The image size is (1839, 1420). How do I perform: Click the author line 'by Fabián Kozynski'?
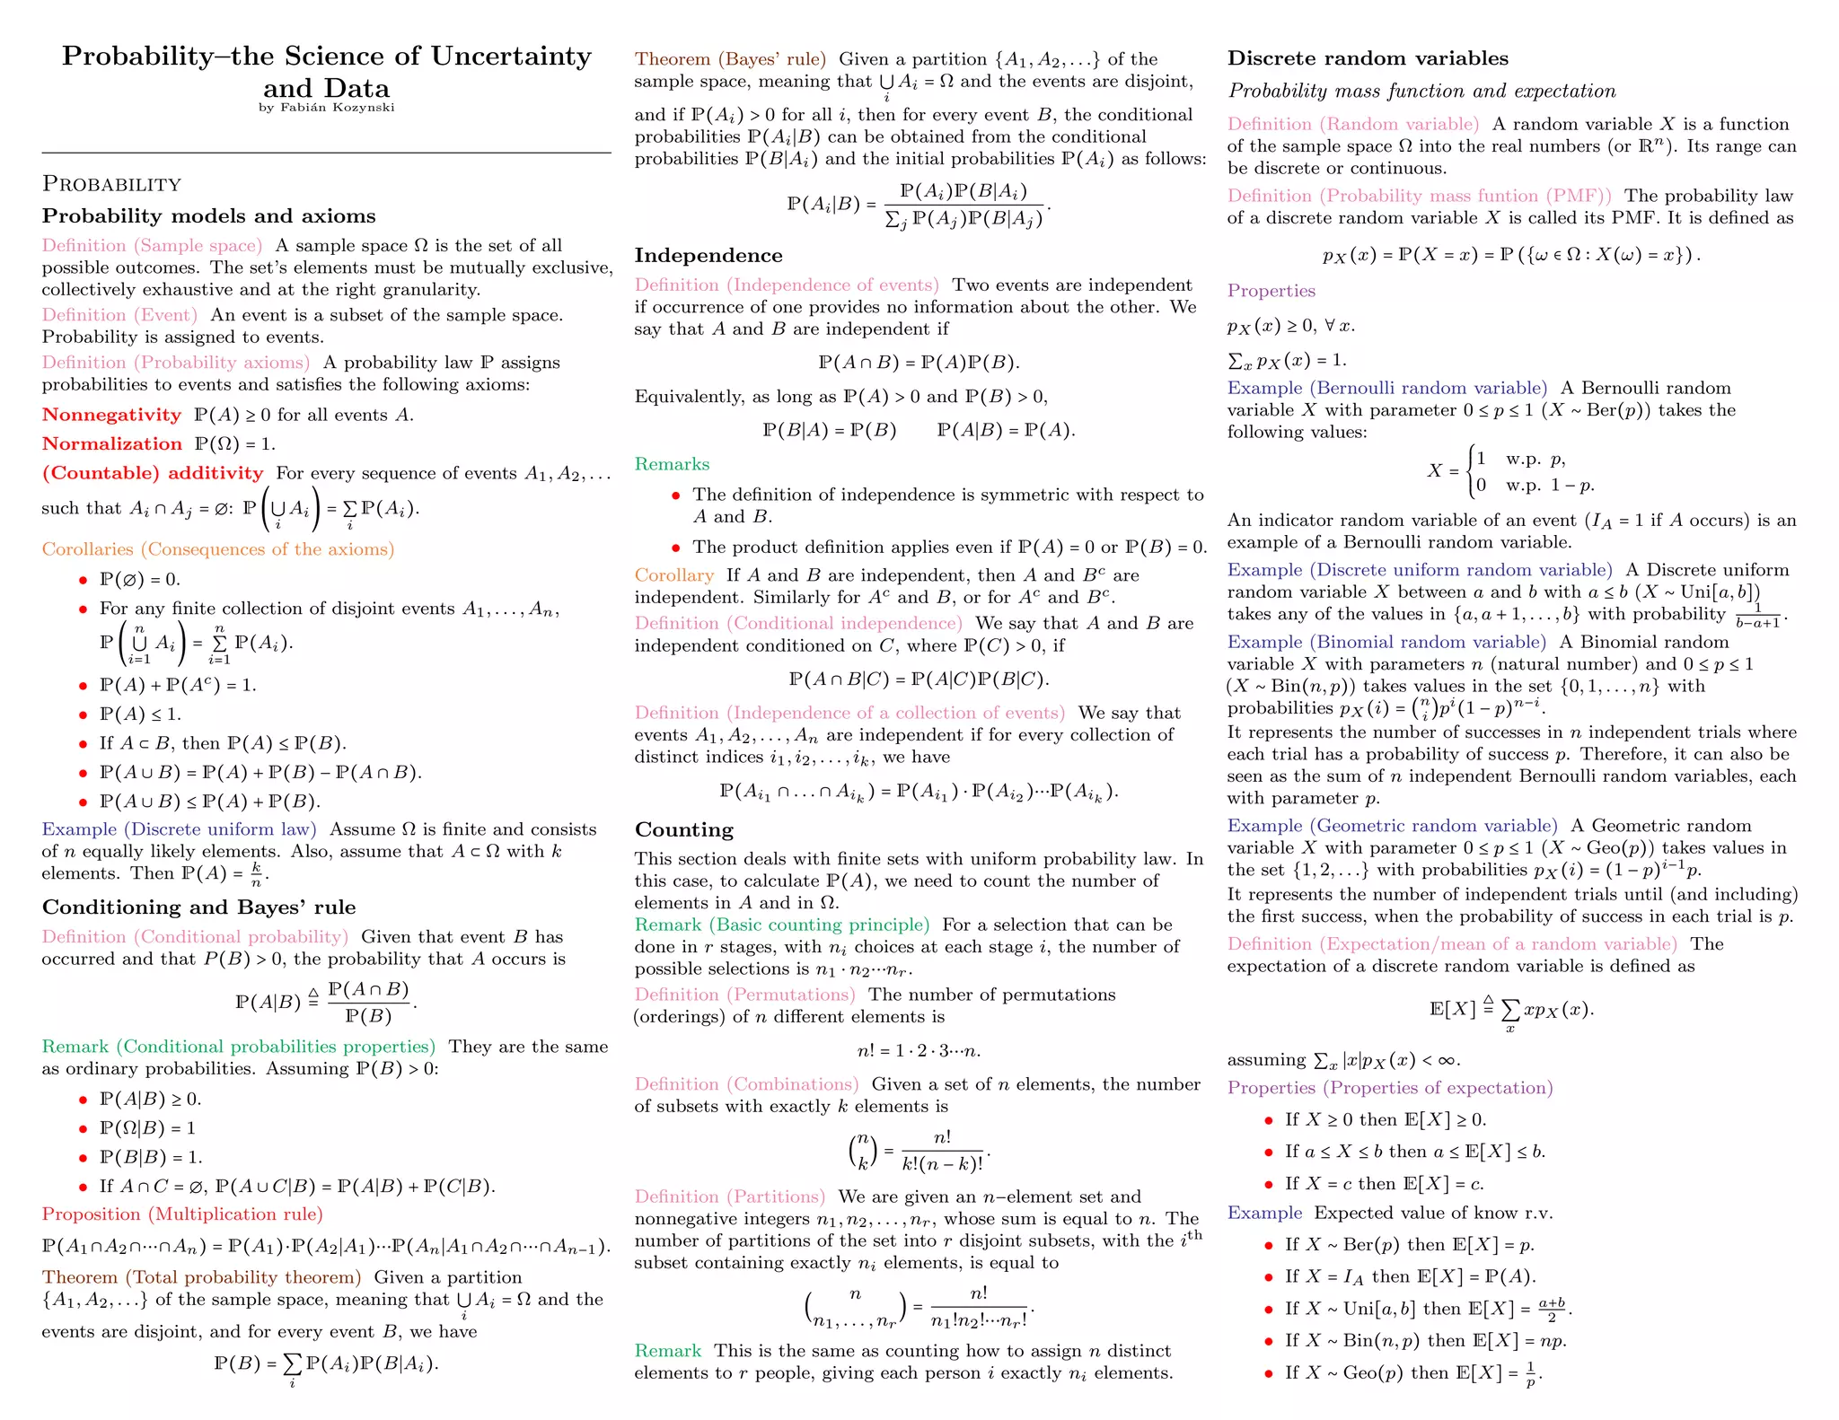point(326,108)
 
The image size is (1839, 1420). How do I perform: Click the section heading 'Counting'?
point(684,829)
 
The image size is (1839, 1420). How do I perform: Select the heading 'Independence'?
point(708,256)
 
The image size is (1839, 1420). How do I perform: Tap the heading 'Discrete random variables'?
point(1368,58)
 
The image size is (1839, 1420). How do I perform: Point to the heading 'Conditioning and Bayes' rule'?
point(198,907)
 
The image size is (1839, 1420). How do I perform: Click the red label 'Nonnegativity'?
point(111,415)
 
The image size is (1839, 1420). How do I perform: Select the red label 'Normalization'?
point(111,443)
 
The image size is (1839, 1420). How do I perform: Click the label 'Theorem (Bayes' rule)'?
point(730,59)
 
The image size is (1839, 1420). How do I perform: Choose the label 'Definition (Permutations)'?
point(744,995)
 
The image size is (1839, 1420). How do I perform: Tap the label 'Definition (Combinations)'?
point(746,1084)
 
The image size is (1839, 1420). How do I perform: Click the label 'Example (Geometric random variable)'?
point(1392,826)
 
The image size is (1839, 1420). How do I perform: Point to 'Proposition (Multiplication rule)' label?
point(182,1214)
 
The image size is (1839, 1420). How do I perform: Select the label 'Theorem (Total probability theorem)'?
point(201,1277)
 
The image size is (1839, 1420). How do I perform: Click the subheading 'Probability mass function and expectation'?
point(1421,91)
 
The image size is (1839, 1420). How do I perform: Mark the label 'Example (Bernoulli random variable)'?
point(1387,388)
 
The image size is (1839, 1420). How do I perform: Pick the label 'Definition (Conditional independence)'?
point(798,623)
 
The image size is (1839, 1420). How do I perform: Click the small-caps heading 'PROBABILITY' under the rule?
point(111,184)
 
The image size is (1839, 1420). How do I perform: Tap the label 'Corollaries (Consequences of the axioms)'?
point(218,549)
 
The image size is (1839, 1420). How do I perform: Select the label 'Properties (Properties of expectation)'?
point(1390,1088)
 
